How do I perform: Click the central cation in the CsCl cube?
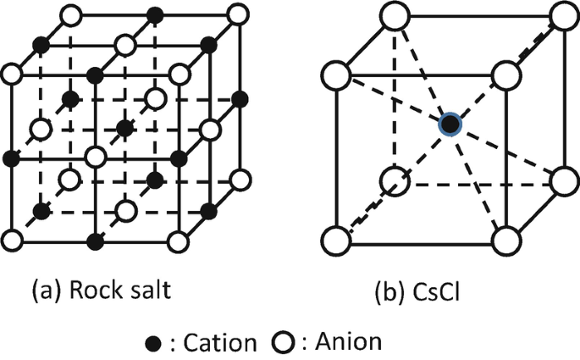tap(451, 125)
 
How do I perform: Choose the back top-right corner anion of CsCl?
tap(565, 16)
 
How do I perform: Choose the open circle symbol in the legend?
tap(283, 342)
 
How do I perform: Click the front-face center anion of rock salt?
tap(96, 157)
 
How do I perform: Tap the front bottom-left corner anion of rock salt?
tap(11, 241)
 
